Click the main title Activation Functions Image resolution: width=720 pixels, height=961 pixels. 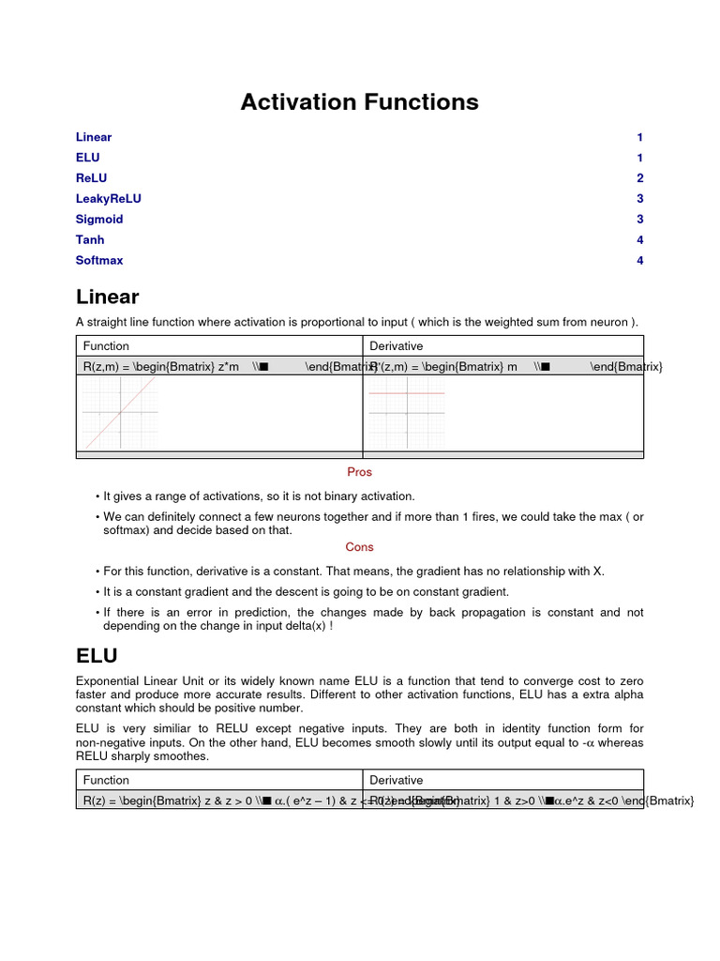(359, 102)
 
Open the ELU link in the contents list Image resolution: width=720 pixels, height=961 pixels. (87, 158)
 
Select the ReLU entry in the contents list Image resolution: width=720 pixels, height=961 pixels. (91, 178)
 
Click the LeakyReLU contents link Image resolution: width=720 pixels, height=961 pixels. (108, 199)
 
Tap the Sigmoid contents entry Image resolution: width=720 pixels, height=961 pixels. (99, 220)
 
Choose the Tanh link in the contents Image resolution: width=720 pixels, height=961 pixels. (90, 240)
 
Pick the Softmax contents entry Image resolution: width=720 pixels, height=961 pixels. (99, 261)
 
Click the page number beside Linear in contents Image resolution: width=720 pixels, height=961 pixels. (639, 137)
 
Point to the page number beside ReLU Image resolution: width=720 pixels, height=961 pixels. (639, 178)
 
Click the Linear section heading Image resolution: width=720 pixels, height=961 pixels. (107, 297)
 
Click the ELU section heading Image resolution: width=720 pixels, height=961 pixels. (97, 654)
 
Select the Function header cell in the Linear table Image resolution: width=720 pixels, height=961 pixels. (106, 346)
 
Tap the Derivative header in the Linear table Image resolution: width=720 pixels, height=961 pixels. (396, 346)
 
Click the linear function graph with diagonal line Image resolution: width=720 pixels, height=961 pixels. (120, 413)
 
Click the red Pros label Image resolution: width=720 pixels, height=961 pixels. (359, 472)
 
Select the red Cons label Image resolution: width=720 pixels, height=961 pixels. (359, 547)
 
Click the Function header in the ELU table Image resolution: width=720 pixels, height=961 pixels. (106, 780)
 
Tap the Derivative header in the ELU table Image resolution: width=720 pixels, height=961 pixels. (396, 780)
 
